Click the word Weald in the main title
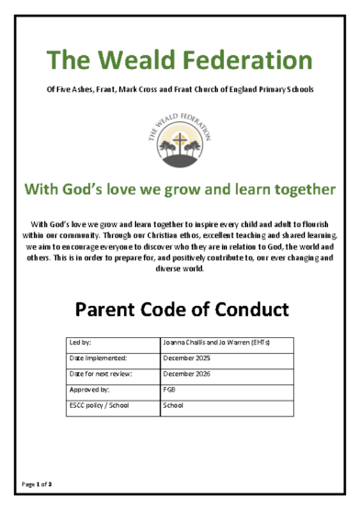pos(141,62)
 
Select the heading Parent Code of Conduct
pos(180,308)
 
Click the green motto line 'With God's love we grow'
pos(180,190)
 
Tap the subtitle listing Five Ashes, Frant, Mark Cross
pos(180,89)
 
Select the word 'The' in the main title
pos(71,62)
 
